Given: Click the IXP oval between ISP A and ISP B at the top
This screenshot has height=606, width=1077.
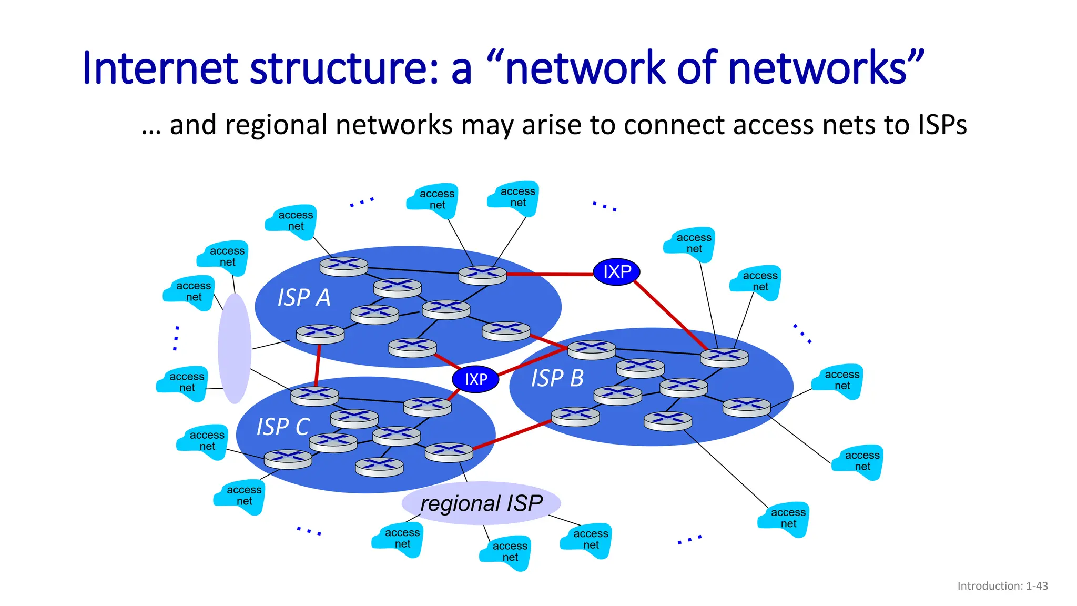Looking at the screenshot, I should [616, 272].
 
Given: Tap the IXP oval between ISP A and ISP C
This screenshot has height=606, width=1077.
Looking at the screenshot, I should [475, 379].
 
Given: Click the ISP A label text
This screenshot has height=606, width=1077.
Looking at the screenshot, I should [304, 298].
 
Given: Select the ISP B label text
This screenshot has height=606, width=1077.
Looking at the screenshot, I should [557, 378].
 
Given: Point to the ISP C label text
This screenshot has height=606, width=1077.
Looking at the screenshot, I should [282, 427].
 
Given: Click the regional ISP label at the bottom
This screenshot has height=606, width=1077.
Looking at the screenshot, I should [481, 503].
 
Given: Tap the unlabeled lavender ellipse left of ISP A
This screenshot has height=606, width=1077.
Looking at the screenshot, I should [235, 348].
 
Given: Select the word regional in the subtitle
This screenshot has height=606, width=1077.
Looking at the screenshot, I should [279, 125].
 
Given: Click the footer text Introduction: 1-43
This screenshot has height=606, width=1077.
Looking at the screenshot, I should [1002, 586].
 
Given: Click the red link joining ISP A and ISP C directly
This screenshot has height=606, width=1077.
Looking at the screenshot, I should [318, 366].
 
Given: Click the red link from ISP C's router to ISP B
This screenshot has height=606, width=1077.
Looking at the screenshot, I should [513, 435].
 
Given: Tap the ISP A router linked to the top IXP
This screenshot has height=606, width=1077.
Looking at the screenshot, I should [482, 274].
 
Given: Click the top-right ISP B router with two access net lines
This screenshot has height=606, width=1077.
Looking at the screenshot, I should [724, 357].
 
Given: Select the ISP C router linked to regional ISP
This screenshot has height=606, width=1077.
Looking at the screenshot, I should [449, 451].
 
